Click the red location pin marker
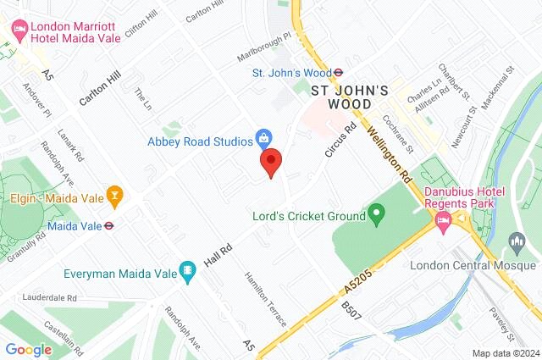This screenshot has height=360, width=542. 270,161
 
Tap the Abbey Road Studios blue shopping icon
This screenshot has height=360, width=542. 264,137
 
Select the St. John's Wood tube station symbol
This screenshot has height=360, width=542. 337,73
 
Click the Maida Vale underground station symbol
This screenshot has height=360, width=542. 109,225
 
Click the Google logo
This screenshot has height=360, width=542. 28,349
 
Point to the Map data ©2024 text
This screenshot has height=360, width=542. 505,353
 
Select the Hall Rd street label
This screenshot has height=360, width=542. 220,250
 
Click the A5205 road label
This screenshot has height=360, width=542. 359,280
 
